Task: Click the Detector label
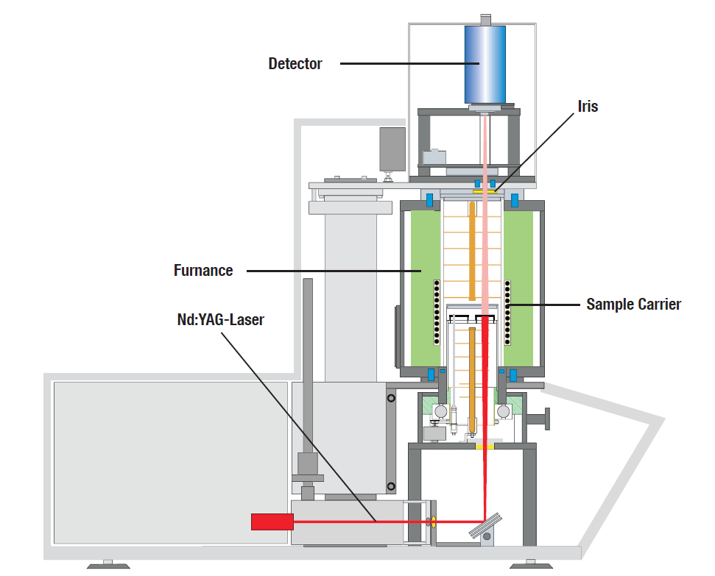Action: tap(295, 64)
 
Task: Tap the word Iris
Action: tap(588, 107)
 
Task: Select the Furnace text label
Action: tap(203, 271)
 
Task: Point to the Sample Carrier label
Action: tap(633, 304)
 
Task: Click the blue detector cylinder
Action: tap(484, 64)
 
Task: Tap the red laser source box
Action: tap(272, 522)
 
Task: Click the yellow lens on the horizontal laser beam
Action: tap(432, 522)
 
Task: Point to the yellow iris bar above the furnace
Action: tap(485, 191)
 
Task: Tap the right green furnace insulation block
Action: tap(524, 287)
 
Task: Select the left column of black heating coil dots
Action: tap(437, 311)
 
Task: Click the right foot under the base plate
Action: tap(530, 565)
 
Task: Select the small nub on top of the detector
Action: tap(485, 18)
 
